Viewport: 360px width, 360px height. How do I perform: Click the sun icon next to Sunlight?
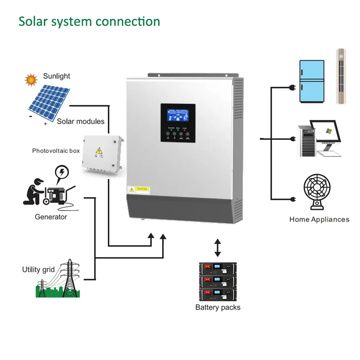pyautogui.click(x=31, y=79)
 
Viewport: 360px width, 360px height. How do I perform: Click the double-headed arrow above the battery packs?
pyautogui.click(x=217, y=247)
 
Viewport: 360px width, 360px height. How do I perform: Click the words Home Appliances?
pyautogui.click(x=319, y=219)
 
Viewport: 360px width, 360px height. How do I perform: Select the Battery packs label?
pyautogui.click(x=218, y=307)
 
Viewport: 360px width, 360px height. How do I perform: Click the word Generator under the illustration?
pyautogui.click(x=51, y=217)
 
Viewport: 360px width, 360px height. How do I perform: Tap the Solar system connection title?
pyautogui.click(x=89, y=21)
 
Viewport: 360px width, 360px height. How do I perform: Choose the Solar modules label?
pyautogui.click(x=81, y=121)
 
